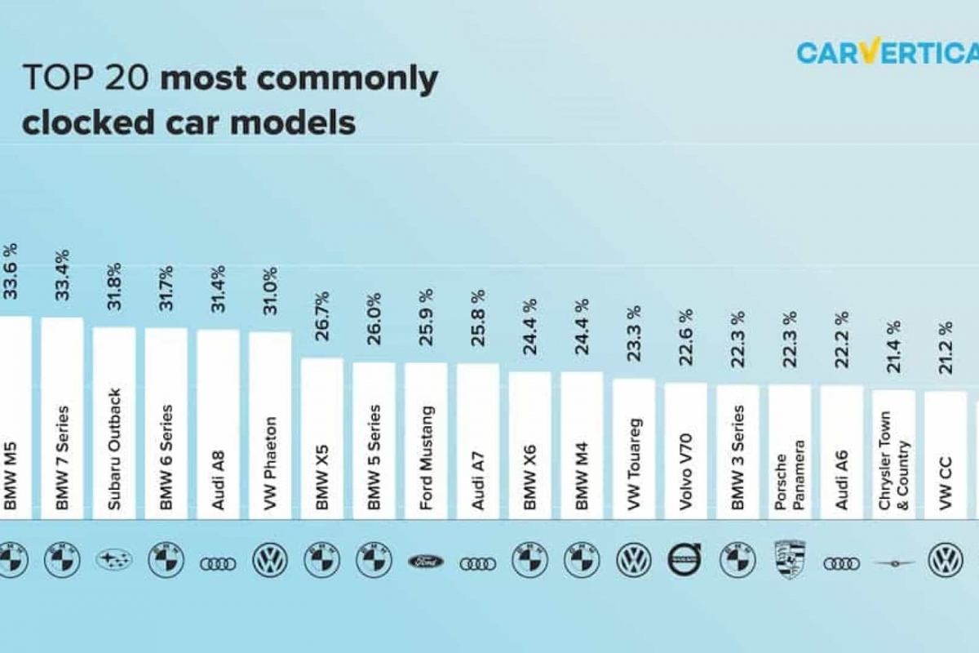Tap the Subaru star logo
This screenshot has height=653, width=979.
click(114, 560)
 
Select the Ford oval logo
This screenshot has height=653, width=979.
click(426, 562)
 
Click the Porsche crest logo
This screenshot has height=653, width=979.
click(789, 560)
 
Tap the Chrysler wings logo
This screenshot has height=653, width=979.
click(894, 562)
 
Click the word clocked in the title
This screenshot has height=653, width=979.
click(78, 122)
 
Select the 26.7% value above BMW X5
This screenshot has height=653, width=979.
click(322, 315)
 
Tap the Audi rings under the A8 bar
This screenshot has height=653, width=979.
click(218, 563)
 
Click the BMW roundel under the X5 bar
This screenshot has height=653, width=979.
click(322, 560)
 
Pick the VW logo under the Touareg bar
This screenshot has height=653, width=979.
click(634, 561)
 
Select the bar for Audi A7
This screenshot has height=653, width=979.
click(478, 441)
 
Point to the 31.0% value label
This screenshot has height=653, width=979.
click(270, 290)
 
